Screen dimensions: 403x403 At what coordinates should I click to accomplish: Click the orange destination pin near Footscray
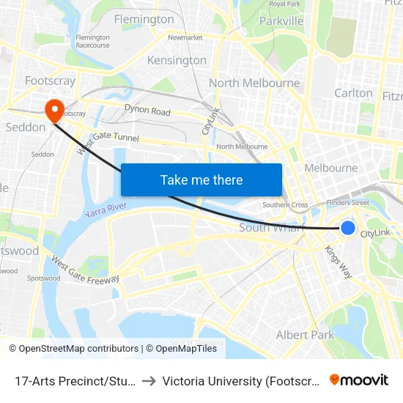coord(54,110)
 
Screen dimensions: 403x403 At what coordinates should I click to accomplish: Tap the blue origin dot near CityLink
coord(348,228)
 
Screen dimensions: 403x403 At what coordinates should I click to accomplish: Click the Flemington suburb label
coord(144,19)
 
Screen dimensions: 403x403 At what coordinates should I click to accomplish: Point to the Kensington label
coord(177,60)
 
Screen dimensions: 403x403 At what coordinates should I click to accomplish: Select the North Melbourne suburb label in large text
coord(254,83)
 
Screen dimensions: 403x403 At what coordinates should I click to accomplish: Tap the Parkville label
coord(281,21)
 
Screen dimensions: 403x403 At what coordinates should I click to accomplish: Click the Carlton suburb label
coord(353,93)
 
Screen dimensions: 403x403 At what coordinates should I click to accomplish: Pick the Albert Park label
coord(305,335)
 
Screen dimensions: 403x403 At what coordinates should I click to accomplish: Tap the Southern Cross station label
coord(284,205)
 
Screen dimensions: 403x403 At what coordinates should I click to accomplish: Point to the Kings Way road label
coord(339,260)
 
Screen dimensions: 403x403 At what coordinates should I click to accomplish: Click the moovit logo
coord(359,380)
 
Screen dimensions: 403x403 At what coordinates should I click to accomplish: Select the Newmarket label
coord(185,37)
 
